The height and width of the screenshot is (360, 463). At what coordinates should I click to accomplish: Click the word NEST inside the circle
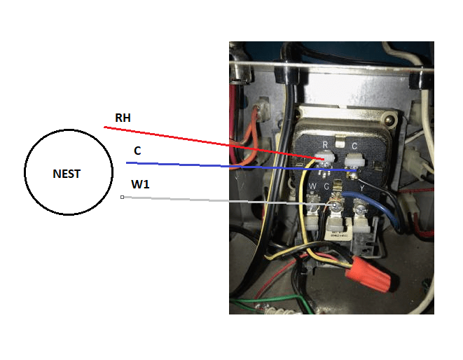pos(67,174)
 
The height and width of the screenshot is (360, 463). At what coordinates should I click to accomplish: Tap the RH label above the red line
pos(123,118)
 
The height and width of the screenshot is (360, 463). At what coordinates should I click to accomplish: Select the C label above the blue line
pos(137,151)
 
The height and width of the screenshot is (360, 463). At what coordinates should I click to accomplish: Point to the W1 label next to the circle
pos(140,185)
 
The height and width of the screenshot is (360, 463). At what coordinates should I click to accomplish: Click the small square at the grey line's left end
pos(122,198)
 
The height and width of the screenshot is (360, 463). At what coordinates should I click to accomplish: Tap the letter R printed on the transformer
pos(325,145)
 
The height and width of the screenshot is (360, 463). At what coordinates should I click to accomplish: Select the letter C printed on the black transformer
pos(354,146)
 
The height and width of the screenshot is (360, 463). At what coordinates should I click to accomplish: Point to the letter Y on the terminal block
pos(361,188)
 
